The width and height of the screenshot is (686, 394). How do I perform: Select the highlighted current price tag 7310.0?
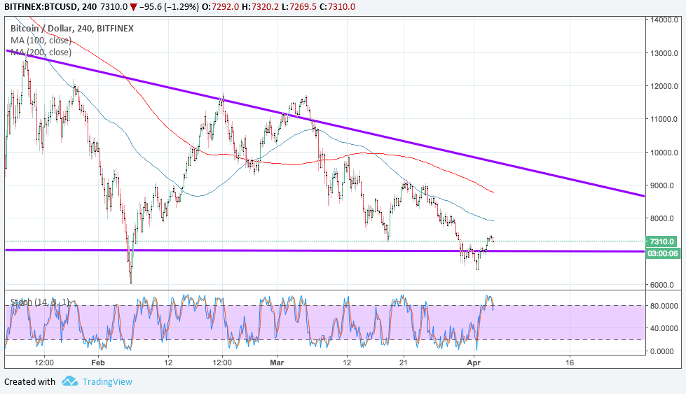(x=661, y=241)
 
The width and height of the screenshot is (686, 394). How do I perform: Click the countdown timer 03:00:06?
(x=661, y=253)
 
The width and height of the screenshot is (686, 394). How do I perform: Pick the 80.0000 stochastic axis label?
(x=662, y=306)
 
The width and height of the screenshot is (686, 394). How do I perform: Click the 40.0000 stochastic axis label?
(x=662, y=328)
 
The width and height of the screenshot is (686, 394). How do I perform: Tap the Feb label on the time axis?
(x=97, y=363)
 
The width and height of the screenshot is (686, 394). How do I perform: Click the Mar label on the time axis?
(x=277, y=363)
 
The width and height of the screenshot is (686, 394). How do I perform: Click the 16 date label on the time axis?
(x=570, y=363)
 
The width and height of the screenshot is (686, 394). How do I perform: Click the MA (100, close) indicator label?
(x=41, y=41)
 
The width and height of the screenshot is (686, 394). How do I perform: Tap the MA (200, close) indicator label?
(x=41, y=52)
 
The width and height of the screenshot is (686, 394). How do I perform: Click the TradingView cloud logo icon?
(x=69, y=381)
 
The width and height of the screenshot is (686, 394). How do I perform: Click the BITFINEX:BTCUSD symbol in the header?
(x=39, y=6)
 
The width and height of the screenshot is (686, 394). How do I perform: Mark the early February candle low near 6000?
(x=131, y=281)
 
